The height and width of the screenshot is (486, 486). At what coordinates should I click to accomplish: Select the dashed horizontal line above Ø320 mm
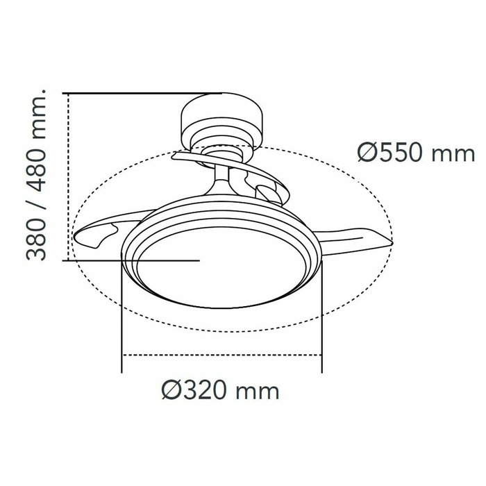(222, 355)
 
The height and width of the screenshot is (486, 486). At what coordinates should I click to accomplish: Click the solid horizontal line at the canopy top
(142, 92)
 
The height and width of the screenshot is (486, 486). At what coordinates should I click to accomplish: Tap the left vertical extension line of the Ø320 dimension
(121, 319)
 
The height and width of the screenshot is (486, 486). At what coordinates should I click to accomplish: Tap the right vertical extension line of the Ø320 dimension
(322, 319)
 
